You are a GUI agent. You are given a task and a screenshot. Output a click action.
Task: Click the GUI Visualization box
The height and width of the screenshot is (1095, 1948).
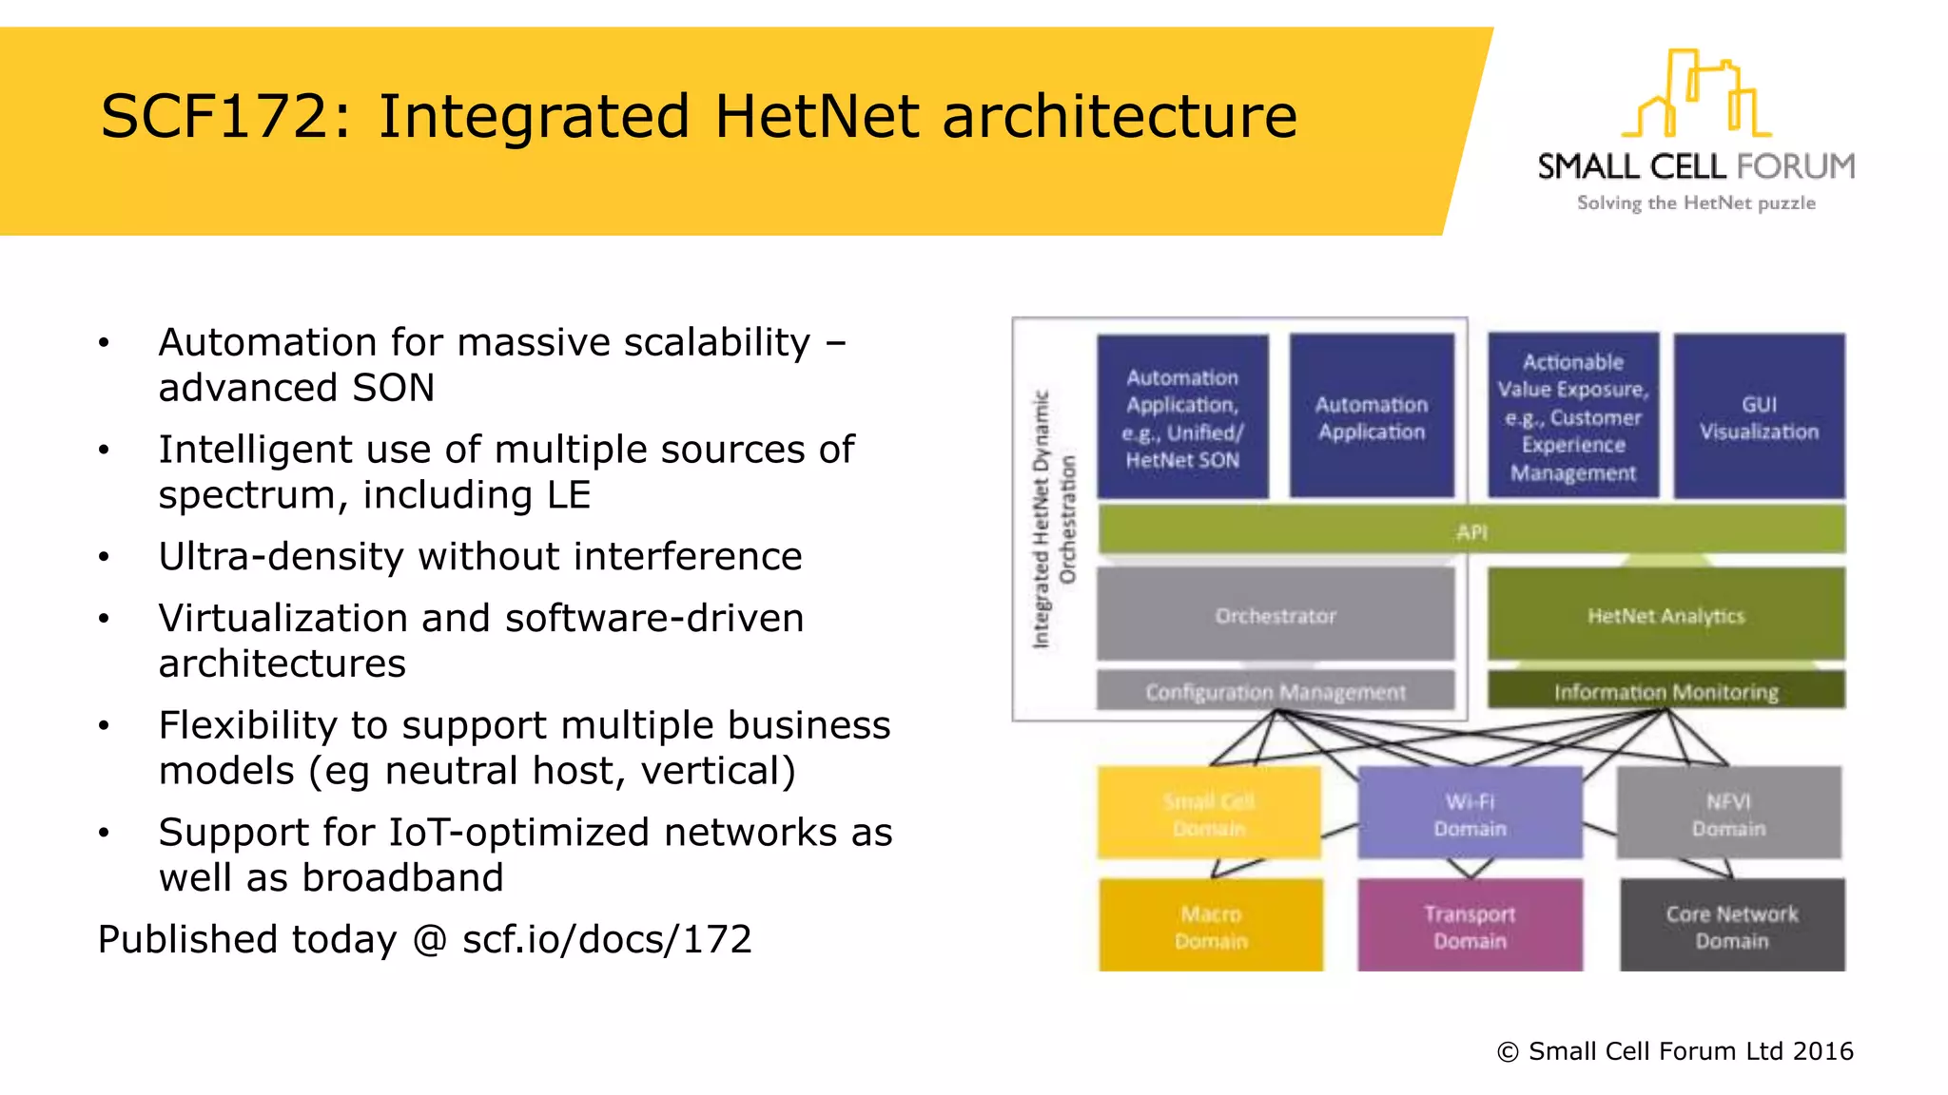pos(1759,416)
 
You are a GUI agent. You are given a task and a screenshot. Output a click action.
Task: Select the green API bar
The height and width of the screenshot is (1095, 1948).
pos(1471,530)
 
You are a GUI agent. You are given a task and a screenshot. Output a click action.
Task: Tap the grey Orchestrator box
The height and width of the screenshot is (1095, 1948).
pos(1276,614)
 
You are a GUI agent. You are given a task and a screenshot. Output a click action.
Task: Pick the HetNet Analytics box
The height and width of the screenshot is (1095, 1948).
pos(1666,614)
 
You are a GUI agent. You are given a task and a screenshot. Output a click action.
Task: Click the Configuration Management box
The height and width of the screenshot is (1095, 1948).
pos(1276,691)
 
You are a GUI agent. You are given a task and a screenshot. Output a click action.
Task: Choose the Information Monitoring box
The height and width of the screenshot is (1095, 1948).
pos(1666,691)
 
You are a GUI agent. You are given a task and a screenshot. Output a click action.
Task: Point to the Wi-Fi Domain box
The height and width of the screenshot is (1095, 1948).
pos(1470,814)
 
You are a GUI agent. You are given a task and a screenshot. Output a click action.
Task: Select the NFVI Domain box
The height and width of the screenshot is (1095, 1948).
pos(1728,814)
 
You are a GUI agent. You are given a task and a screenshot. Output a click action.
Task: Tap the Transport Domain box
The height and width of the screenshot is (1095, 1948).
pos(1470,926)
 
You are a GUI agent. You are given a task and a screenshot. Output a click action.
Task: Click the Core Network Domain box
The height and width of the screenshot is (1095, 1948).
pos(1732,926)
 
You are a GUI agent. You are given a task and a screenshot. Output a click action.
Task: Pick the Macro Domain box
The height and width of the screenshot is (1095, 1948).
pos(1211,926)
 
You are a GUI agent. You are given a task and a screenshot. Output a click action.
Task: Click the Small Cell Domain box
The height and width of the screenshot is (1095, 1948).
pos(1209,814)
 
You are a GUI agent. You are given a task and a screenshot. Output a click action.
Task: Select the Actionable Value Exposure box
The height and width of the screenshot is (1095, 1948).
pos(1573,416)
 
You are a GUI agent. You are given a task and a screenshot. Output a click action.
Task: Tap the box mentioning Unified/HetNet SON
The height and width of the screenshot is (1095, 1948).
pos(1182,416)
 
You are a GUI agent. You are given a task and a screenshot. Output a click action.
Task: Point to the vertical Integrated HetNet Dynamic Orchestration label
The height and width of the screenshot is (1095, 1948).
pos(1054,519)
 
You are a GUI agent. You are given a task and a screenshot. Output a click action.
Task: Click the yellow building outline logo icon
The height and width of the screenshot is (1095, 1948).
pos(1696,95)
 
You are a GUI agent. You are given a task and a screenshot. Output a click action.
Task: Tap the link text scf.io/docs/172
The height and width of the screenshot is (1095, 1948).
pos(607,939)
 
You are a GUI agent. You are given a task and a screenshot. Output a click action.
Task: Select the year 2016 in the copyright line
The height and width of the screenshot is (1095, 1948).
pos(1822,1051)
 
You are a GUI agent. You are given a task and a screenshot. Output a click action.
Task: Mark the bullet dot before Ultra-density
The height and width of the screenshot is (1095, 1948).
pos(104,557)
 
